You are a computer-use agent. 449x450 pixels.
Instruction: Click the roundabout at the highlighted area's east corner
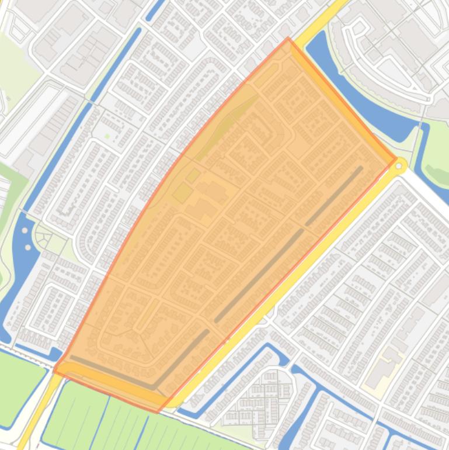tap(399, 167)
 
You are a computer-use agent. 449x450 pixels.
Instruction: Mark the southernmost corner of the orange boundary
tap(156, 412)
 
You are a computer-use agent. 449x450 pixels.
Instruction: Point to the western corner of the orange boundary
tap(54, 370)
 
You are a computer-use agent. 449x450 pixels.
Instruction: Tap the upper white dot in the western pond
tap(25, 230)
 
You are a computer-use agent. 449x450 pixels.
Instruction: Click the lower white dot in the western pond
tap(28, 248)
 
